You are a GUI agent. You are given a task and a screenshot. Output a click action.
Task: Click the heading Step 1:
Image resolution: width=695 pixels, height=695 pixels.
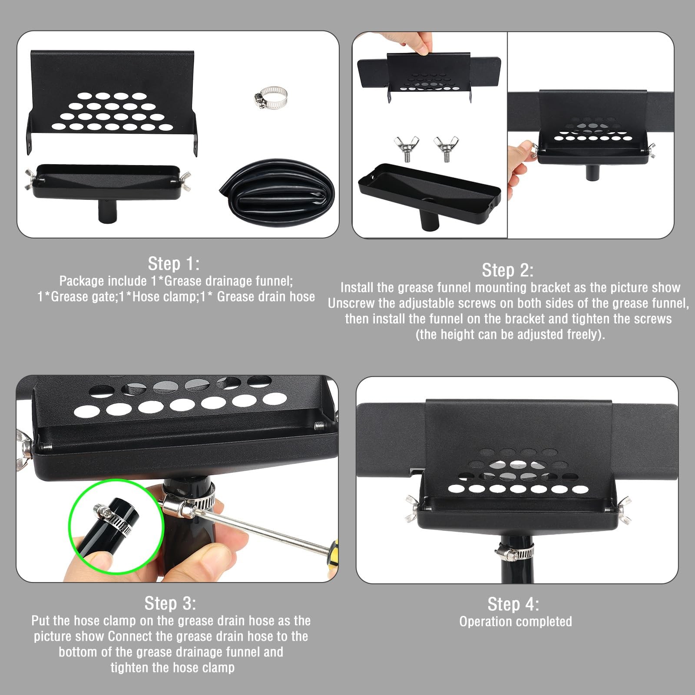coord(174,264)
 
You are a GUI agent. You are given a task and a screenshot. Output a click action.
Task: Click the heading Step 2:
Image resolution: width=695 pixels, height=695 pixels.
coord(508,270)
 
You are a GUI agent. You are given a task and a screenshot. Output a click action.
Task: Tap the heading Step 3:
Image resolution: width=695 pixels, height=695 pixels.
coord(170,603)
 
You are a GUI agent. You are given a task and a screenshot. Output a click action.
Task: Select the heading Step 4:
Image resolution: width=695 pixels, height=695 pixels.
coord(513,604)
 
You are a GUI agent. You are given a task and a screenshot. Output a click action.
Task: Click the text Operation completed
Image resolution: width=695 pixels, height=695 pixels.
coord(516,622)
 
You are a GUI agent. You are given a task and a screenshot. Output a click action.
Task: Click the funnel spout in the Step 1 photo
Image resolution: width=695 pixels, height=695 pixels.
coord(107,211)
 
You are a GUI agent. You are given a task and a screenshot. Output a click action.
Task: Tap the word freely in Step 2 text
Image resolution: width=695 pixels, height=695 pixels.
coord(582,334)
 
